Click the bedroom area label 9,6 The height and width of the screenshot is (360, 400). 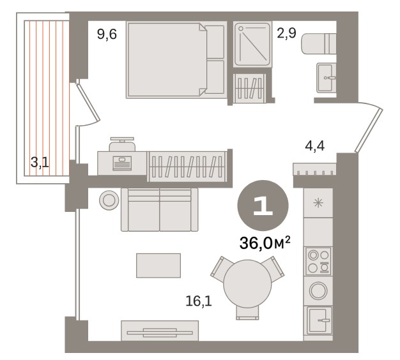[x=107, y=34]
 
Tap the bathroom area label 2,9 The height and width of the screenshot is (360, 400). [x=286, y=33]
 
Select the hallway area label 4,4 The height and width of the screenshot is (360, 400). [x=315, y=146]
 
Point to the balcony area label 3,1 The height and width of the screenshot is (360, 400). [x=40, y=162]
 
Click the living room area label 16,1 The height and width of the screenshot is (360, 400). [x=199, y=302]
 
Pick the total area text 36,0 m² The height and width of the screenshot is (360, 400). [x=265, y=243]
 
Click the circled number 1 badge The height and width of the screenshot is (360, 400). [x=263, y=206]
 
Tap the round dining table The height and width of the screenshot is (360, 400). [x=247, y=284]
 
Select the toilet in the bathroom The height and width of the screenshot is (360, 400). [x=318, y=43]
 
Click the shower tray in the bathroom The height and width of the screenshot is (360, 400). [x=252, y=44]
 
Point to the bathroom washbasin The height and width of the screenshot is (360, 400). [x=327, y=77]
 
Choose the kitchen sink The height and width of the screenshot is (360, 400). [x=319, y=320]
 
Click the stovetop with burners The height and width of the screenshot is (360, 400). [x=318, y=261]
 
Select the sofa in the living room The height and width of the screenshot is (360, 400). [x=160, y=210]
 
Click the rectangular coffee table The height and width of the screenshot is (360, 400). [x=158, y=266]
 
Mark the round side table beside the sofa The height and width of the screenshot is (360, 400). [x=109, y=200]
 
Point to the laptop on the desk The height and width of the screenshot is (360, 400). [x=122, y=163]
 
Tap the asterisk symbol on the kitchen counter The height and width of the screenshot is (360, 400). [x=318, y=203]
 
